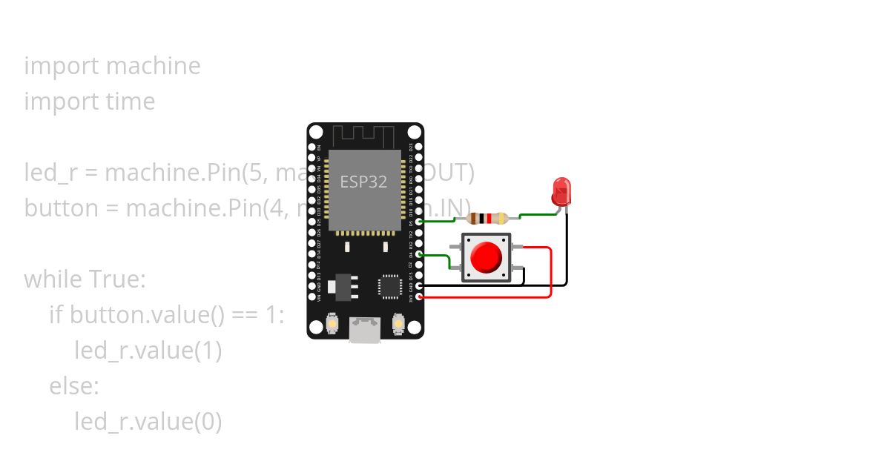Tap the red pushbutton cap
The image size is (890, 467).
[487, 257]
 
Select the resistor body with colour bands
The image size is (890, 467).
[488, 218]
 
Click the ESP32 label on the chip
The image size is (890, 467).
[363, 182]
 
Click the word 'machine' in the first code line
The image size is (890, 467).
[154, 66]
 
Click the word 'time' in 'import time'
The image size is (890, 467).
[131, 102]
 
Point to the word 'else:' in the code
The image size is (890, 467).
[74, 386]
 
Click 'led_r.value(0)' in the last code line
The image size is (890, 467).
[148, 422]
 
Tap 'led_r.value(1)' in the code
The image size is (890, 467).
[148, 351]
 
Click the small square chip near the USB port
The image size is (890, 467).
[390, 287]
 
